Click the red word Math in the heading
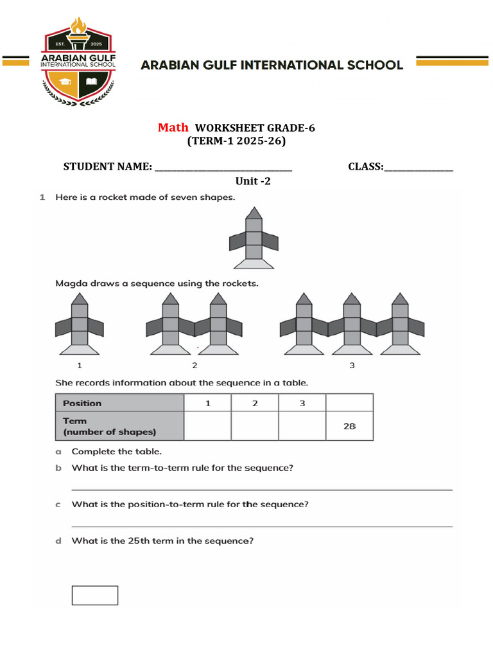(173, 127)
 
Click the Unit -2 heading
(253, 181)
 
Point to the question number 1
(42, 197)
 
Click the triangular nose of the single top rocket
(255, 213)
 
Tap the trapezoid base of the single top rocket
(255, 263)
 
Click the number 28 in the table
(349, 426)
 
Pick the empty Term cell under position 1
(207, 426)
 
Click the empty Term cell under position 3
(302, 426)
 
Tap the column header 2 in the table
(255, 403)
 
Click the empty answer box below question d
(95, 595)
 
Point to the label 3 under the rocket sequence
(352, 366)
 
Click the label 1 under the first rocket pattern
(80, 366)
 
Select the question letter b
(58, 468)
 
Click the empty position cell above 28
(349, 403)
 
